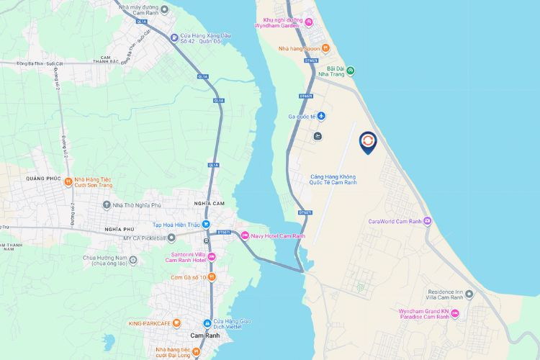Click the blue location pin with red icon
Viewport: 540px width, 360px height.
coord(367,142)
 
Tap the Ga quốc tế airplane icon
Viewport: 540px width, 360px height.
coord(322,116)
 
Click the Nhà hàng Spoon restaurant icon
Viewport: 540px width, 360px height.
coord(325,48)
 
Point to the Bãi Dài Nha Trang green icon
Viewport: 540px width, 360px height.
coord(351,71)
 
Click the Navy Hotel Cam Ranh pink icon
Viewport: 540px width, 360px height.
coord(245,235)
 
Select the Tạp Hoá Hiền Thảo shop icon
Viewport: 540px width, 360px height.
coord(205,224)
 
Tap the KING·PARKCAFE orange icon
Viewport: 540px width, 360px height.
coord(176,323)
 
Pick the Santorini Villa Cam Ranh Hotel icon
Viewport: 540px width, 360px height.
coord(211,257)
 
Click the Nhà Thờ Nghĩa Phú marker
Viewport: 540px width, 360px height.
coord(106,205)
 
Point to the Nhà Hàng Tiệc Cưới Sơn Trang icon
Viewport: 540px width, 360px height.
coord(68,181)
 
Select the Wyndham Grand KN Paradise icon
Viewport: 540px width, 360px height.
coord(454,315)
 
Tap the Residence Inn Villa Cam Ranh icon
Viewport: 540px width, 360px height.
coord(469,294)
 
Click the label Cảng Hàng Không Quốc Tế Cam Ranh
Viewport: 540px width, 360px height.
coord(333,179)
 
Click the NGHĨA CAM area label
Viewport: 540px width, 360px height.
coord(210,204)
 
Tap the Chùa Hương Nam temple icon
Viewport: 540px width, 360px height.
coord(132,259)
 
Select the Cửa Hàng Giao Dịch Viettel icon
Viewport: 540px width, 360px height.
coord(207,323)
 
